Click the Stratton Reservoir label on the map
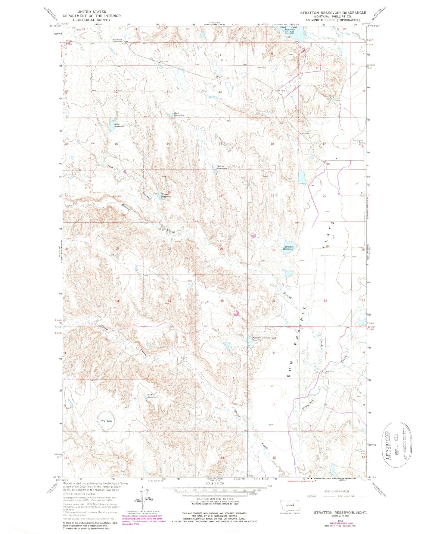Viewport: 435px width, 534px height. (x=288, y=248)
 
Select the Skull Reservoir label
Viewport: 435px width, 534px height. (x=178, y=115)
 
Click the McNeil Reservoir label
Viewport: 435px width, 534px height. (x=153, y=396)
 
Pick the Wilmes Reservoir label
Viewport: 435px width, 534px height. (x=166, y=195)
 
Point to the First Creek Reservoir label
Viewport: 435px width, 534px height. (x=287, y=29)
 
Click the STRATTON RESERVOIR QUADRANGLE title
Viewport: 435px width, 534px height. (x=333, y=13)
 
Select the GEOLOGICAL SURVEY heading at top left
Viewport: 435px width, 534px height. (x=92, y=20)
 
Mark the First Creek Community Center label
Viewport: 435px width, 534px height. (x=120, y=41)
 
